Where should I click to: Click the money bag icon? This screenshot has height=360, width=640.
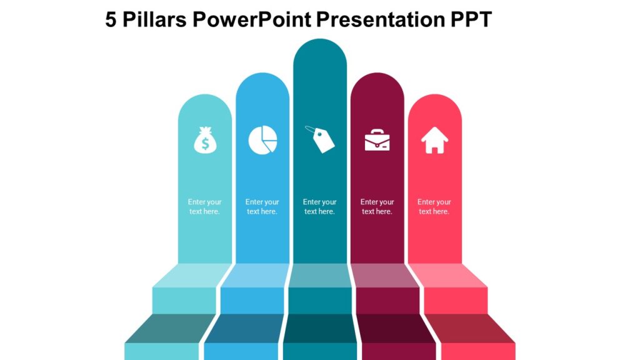pyautogui.click(x=205, y=140)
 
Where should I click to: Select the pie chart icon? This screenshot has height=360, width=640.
pyautogui.click(x=262, y=139)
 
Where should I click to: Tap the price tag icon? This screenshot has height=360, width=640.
pyautogui.click(x=320, y=139)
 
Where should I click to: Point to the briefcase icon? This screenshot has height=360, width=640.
pyautogui.click(x=377, y=139)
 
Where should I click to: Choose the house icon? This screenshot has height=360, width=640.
pyautogui.click(x=434, y=140)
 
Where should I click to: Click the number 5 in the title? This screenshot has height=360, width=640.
pyautogui.click(x=111, y=20)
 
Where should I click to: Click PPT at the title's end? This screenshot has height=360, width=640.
pyautogui.click(x=471, y=20)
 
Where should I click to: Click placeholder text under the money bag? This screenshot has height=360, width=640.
pyautogui.click(x=205, y=207)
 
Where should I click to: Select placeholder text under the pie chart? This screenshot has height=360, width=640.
pyautogui.click(x=262, y=207)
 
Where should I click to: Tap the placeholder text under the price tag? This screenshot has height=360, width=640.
pyautogui.click(x=320, y=207)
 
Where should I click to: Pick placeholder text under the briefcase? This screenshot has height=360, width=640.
pyautogui.click(x=377, y=207)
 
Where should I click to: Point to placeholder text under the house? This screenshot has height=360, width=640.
pyautogui.click(x=434, y=207)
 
